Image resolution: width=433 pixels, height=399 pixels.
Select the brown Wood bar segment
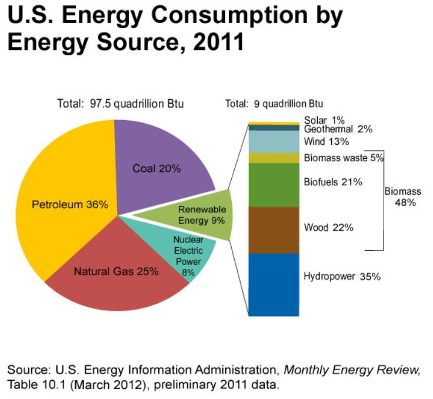pos(274,230)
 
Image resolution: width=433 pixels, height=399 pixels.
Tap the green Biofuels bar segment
pos(274,184)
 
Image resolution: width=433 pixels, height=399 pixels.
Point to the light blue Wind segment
pos(274,141)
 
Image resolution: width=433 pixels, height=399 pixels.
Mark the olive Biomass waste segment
pos(274,158)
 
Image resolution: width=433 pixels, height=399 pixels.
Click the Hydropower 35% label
pos(342,276)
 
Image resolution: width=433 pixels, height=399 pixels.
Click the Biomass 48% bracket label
pos(402,197)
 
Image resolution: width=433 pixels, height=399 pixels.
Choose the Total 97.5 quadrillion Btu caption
pos(120,104)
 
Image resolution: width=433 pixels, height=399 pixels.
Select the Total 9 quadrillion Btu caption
pos(274,104)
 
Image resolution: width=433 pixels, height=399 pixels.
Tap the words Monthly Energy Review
pos(351,370)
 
